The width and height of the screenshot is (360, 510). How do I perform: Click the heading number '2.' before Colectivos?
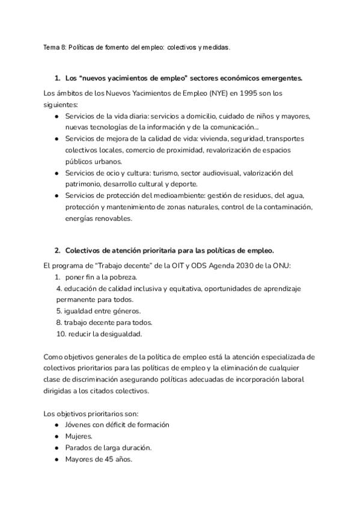pos(58,250)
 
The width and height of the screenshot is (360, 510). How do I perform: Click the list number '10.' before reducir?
pos(61,334)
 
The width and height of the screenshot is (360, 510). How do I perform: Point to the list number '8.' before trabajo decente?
pos(59,322)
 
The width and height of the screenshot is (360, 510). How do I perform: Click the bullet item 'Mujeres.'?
pos(79,436)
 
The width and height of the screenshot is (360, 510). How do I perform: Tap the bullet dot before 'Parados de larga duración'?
pos(56,447)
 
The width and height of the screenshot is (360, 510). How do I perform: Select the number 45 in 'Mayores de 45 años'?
pos(107,459)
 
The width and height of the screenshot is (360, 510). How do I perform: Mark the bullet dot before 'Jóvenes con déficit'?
pos(56,425)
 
